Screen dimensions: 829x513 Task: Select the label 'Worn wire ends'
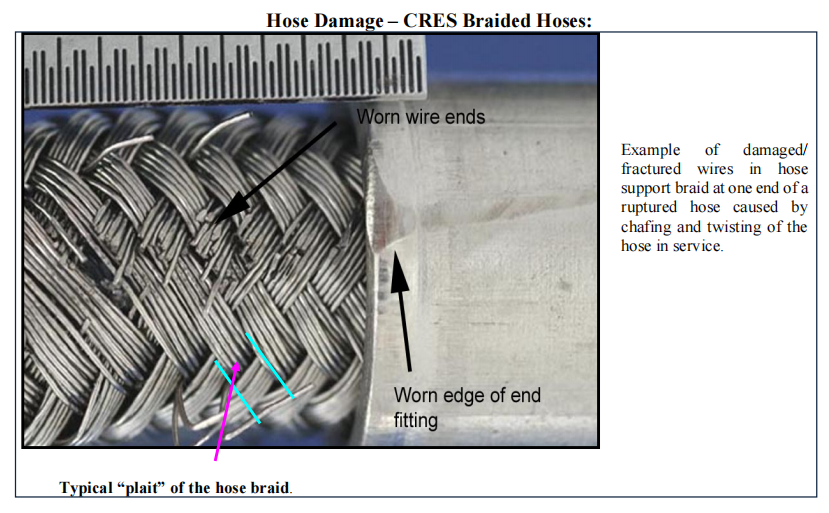tap(421, 117)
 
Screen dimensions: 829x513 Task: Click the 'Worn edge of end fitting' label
tap(467, 407)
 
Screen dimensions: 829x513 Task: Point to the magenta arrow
tap(227, 411)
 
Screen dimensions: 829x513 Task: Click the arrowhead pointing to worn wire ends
tap(232, 207)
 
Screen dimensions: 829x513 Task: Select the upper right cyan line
tap(270, 365)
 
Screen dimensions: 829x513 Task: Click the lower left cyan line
tap(237, 391)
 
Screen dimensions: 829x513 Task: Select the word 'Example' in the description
tap(650, 150)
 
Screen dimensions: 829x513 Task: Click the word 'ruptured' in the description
tap(649, 207)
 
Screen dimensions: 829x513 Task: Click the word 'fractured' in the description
tap(651, 169)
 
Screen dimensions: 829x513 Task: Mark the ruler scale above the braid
tap(225, 69)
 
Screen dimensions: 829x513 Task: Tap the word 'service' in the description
tap(698, 246)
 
